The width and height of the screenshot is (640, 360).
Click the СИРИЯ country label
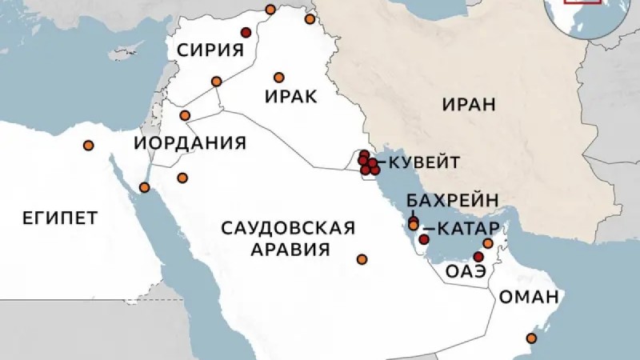tap(210, 50)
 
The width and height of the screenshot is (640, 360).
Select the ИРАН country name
tap(468, 105)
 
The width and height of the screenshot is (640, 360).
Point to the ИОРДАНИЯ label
tap(189, 143)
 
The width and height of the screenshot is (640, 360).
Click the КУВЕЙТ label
tap(423, 162)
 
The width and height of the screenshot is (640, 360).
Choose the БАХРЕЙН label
tap(453, 200)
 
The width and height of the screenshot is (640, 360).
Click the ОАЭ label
tap(466, 271)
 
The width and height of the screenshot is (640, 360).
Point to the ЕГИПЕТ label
tap(49, 218)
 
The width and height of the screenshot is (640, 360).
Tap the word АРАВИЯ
tap(290, 250)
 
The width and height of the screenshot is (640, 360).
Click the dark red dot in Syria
tap(246, 33)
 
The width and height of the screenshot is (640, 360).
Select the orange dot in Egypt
tap(88, 145)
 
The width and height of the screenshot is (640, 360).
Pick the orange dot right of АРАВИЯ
tap(362, 259)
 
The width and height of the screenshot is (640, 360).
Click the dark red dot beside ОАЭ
tap(478, 257)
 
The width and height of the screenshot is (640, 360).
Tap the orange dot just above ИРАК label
tap(278, 78)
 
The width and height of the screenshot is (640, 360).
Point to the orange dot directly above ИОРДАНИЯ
tap(185, 115)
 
